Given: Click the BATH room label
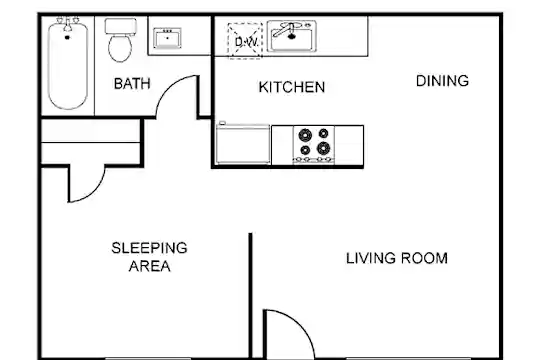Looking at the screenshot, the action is [x=132, y=84].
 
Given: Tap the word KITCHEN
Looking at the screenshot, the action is [x=292, y=87].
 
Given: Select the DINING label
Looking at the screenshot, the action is [x=442, y=81].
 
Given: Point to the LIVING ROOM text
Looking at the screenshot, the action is [x=397, y=258].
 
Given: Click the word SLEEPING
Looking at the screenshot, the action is [x=149, y=248].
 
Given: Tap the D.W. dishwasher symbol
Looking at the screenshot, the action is [x=245, y=41].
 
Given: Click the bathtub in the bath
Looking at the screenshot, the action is [x=68, y=65].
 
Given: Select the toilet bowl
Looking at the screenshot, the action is [x=120, y=48].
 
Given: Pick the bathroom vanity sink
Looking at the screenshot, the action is [x=167, y=38].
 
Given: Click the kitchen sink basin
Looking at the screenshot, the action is [x=292, y=36].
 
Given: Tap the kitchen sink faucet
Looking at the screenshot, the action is [x=285, y=30].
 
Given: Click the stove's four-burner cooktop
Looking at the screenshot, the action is [x=314, y=145].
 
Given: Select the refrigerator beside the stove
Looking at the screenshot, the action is [x=243, y=144].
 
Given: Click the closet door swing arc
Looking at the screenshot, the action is [x=93, y=192].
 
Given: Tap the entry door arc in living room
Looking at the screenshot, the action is [x=299, y=322].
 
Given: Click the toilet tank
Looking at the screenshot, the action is [x=121, y=26].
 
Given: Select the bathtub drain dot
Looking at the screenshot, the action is [x=67, y=37].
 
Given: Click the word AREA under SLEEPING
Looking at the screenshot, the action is [x=149, y=266].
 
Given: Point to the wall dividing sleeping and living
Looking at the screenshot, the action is [x=250, y=296].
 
